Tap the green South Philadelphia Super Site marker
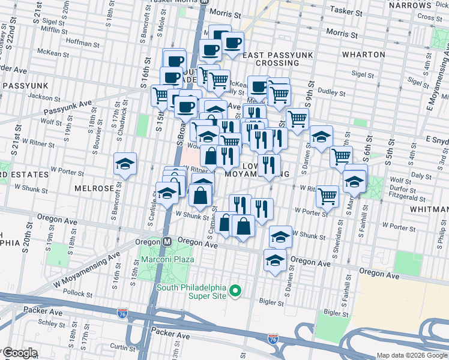coord(236,292)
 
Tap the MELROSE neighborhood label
coord(94,188)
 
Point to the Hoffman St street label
coord(83,43)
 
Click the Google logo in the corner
coord(20,352)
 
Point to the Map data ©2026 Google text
coord(412,355)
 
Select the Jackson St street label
coord(40,96)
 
